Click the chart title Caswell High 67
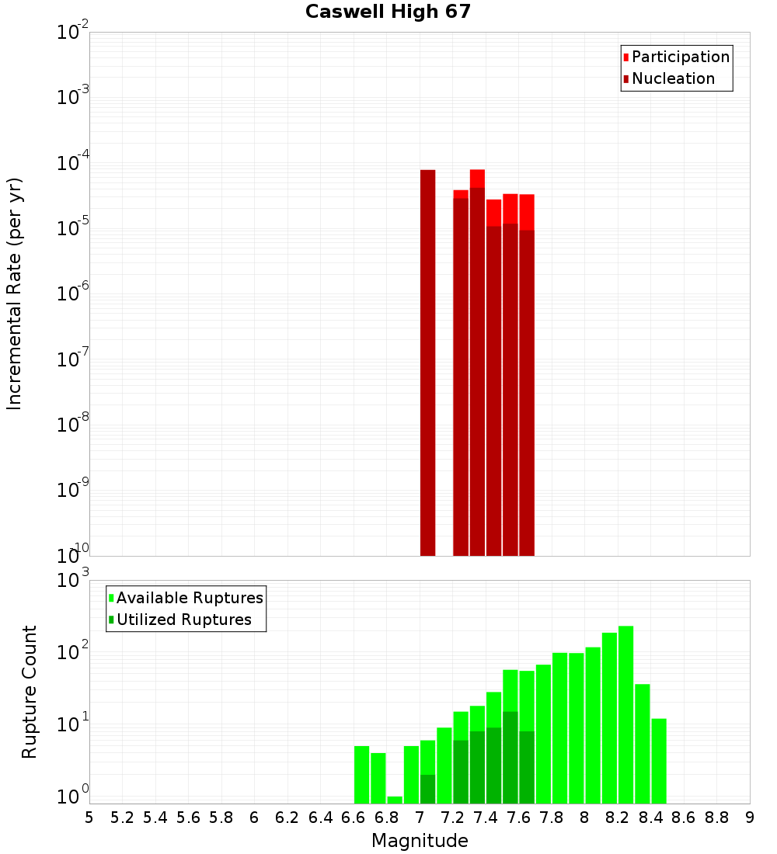tap(388, 12)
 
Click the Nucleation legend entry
tap(672, 79)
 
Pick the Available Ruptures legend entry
tap(189, 599)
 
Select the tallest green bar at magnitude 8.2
tap(625, 714)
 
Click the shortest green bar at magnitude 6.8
tap(395, 800)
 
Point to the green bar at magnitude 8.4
tap(659, 761)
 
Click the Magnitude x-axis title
tap(420, 841)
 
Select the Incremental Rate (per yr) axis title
tap(15, 294)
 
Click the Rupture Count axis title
tap(30, 692)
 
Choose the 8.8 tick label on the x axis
tap(716, 818)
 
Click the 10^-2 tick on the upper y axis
tap(73, 33)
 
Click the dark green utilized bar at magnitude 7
tap(427, 789)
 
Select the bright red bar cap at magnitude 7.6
tap(510, 209)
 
